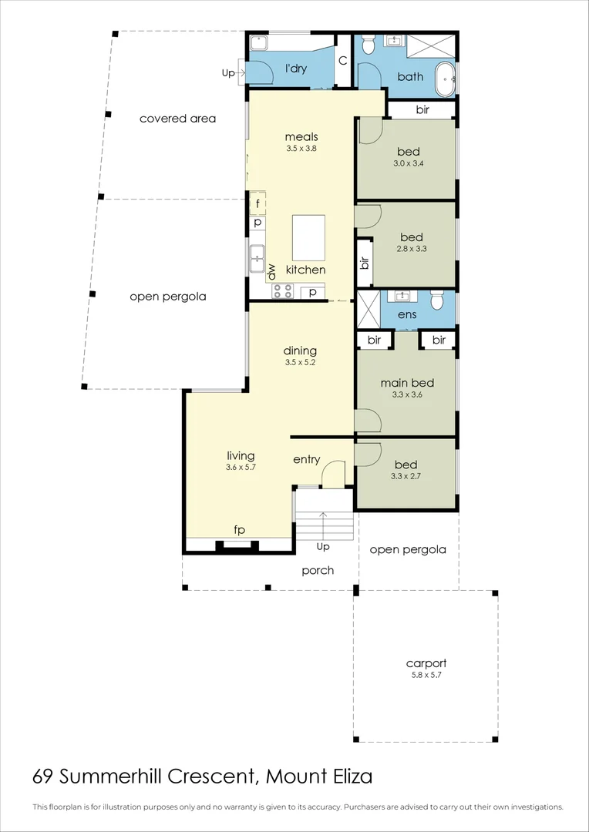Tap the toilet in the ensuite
click(437, 298)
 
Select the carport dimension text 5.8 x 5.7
click(426, 675)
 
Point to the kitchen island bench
click(308, 237)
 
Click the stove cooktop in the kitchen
click(281, 291)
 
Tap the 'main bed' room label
click(407, 383)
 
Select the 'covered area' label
click(177, 119)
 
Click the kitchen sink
click(257, 258)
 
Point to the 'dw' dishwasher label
click(271, 271)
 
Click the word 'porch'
click(318, 570)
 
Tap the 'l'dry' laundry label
click(296, 69)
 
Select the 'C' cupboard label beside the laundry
click(343, 60)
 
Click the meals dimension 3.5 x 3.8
click(301, 149)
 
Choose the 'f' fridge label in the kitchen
click(257, 203)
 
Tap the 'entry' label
click(306, 460)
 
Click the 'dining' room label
click(301, 351)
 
